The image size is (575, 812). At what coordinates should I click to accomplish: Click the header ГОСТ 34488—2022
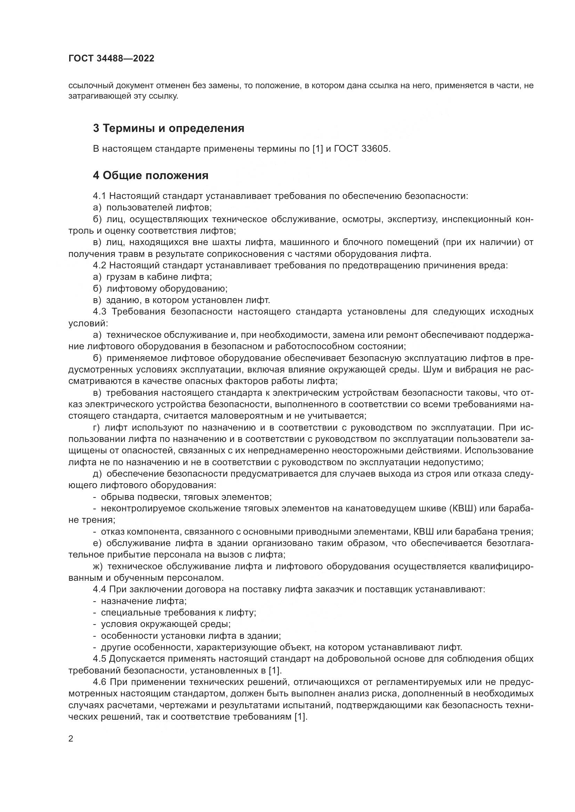click(111, 59)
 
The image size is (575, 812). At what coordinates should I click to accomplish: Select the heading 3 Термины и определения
click(169, 128)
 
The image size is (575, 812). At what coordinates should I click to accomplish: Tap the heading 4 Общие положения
click(151, 175)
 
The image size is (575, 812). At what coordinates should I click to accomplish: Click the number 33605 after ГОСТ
click(376, 149)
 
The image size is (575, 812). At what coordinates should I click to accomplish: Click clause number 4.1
click(99, 196)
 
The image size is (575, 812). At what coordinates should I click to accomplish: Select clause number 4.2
click(99, 266)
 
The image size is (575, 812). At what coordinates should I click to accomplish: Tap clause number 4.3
click(99, 311)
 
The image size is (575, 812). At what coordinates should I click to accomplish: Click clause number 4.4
click(99, 589)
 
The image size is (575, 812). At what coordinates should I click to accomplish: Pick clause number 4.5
click(99, 659)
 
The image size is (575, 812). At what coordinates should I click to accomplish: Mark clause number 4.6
click(99, 682)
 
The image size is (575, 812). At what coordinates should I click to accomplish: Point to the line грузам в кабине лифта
click(159, 277)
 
